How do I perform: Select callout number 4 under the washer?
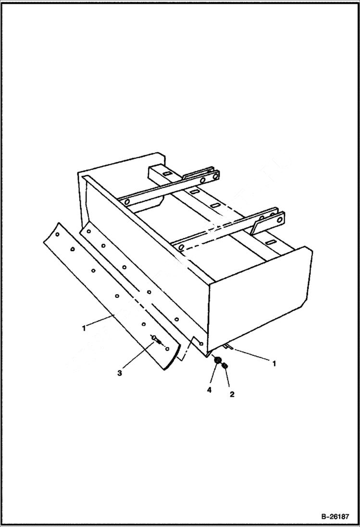click(209, 391)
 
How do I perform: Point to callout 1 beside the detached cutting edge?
click(84, 328)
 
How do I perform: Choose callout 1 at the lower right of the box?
click(274, 364)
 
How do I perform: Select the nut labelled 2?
click(225, 367)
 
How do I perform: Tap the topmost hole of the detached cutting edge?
click(57, 235)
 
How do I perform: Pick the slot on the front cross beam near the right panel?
click(271, 241)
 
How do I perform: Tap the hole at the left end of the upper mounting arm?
click(127, 202)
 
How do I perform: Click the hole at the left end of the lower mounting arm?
click(181, 247)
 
